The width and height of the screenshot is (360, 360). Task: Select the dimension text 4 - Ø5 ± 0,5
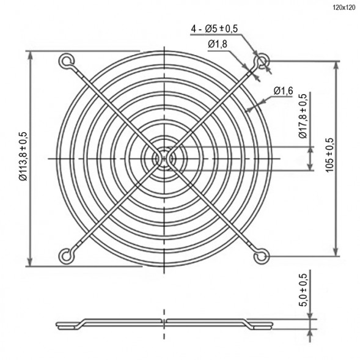[215, 28]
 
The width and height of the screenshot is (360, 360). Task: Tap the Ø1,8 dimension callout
[218, 44]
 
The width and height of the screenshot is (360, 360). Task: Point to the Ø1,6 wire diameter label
[284, 91]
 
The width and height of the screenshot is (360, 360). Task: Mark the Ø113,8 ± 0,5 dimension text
[23, 157]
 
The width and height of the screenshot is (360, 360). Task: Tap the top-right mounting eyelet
[263, 61]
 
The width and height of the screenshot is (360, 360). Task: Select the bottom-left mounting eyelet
[65, 255]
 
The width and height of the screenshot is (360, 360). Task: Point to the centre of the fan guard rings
[164, 158]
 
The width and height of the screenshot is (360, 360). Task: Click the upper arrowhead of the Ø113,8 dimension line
[30, 56]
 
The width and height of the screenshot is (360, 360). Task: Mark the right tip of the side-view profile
[273, 325]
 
